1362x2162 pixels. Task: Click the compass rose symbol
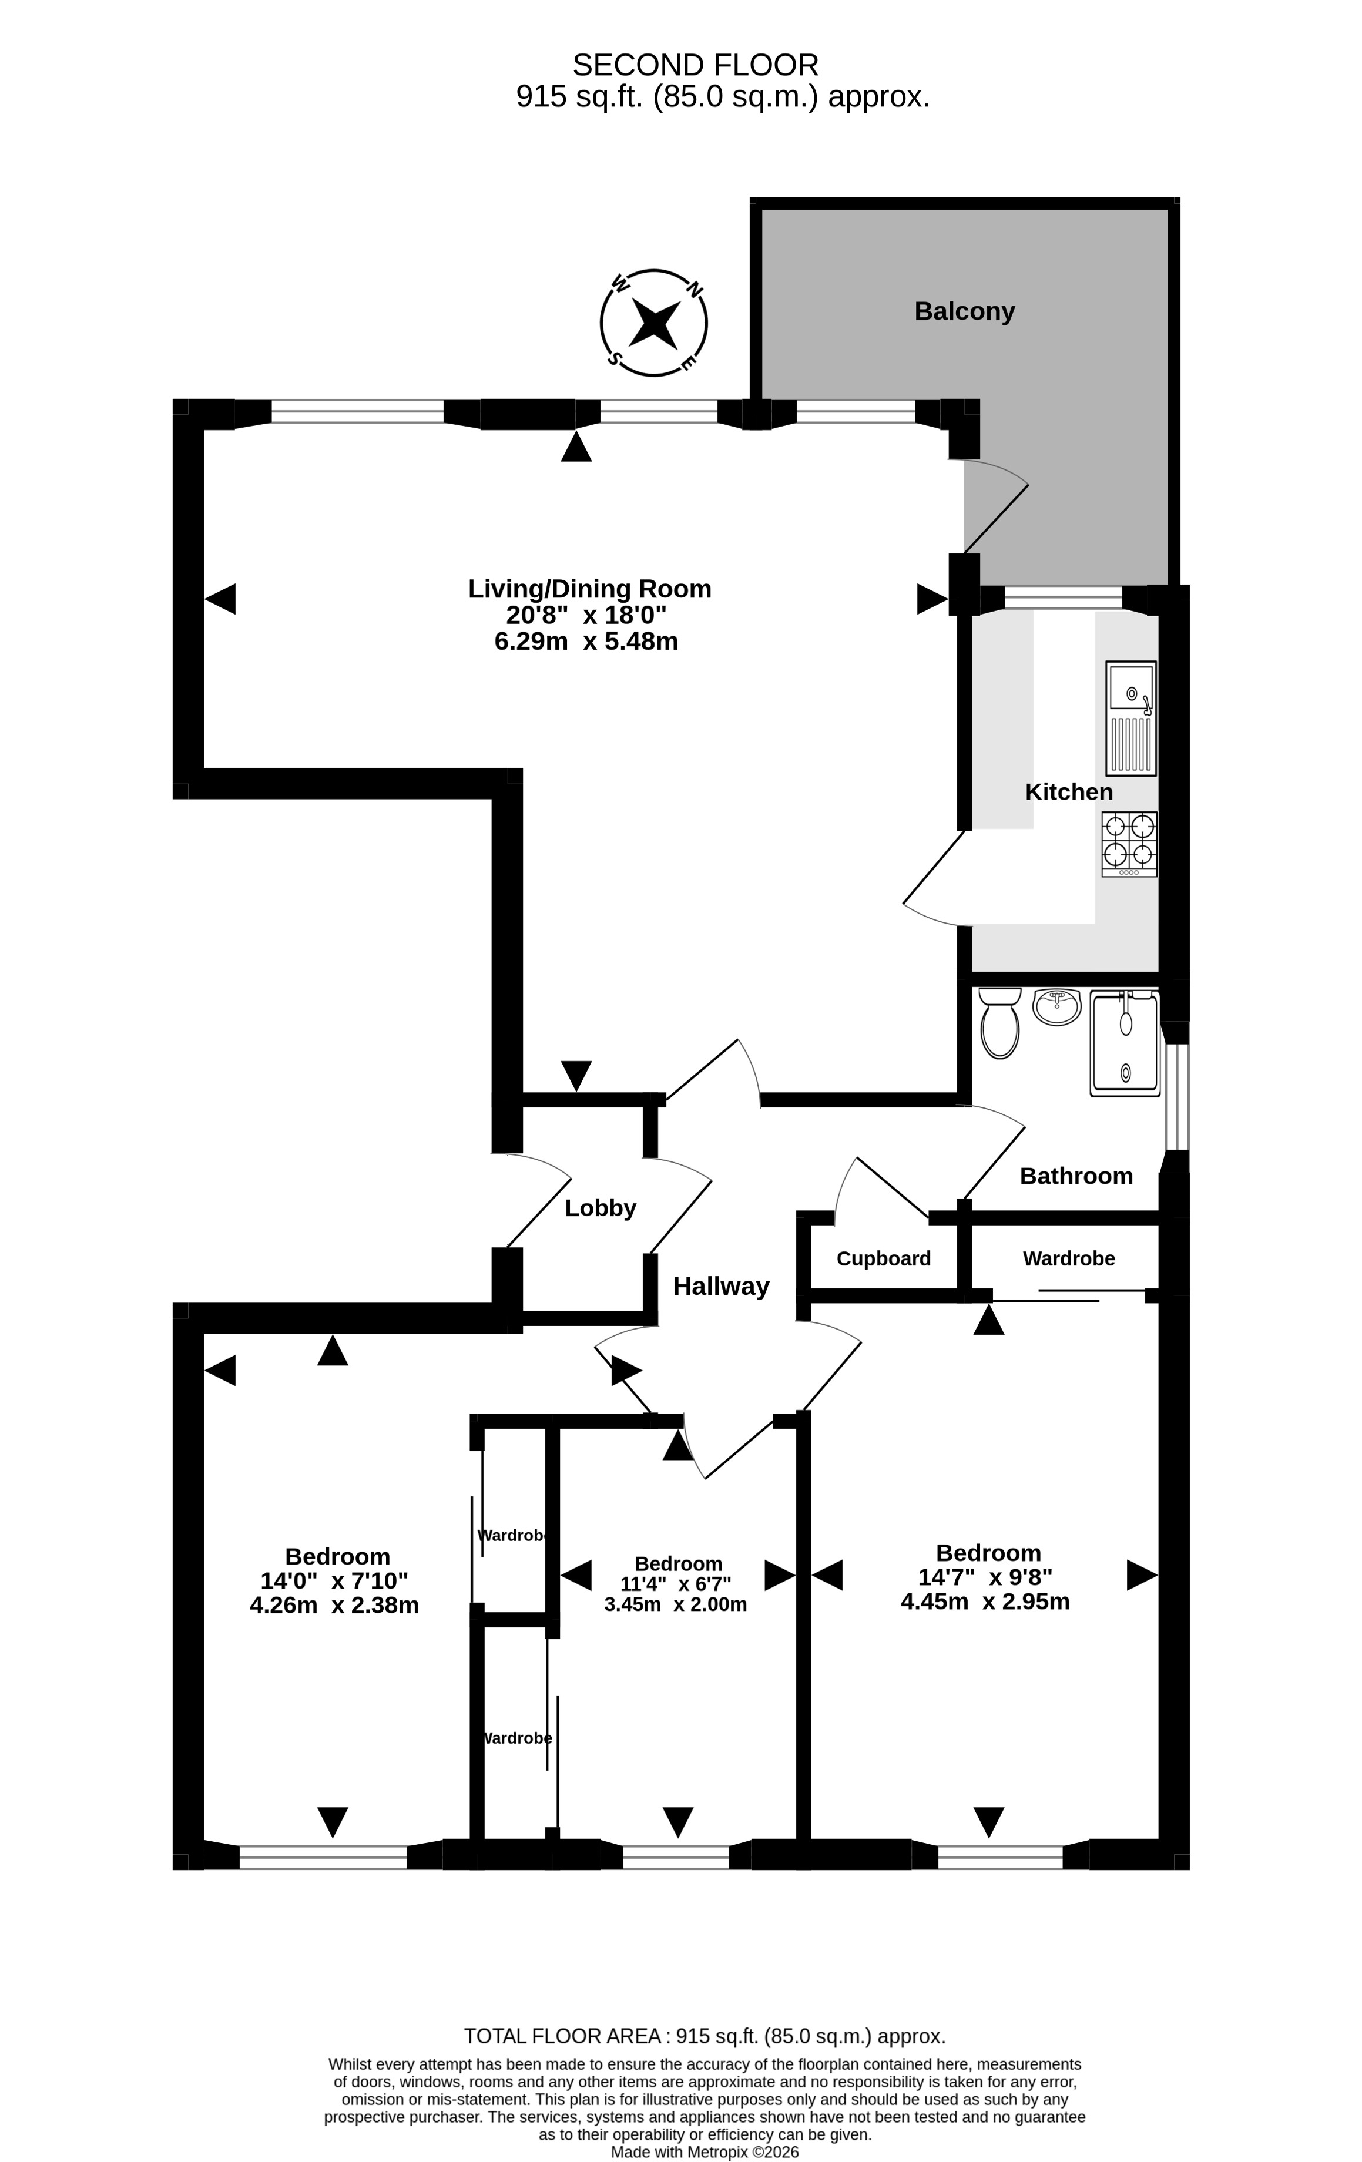[653, 323]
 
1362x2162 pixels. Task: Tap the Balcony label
[964, 311]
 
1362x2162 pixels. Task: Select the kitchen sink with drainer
[1130, 719]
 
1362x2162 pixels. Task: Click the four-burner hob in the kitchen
[1129, 844]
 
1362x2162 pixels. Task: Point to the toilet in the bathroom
[999, 1023]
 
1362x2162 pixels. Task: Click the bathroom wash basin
[1056, 1006]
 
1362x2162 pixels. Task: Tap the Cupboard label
[884, 1259]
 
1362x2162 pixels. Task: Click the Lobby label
[601, 1208]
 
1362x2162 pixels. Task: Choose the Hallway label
[721, 1287]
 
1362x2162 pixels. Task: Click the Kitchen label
[1068, 792]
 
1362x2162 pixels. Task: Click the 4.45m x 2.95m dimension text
[985, 1602]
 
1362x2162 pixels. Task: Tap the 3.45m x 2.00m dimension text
[675, 1604]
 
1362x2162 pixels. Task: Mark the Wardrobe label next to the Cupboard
[1068, 1259]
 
